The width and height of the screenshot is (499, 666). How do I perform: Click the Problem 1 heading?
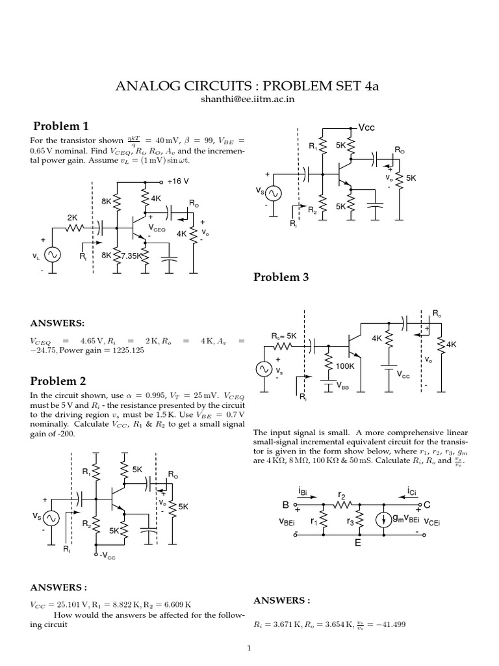[60, 126]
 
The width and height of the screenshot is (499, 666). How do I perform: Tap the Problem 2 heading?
[60, 380]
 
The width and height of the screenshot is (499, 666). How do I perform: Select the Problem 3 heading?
[281, 278]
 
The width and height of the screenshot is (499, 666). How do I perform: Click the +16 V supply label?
[178, 182]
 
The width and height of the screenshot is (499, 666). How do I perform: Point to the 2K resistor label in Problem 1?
[72, 217]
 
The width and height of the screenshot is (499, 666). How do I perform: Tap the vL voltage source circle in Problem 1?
[52, 256]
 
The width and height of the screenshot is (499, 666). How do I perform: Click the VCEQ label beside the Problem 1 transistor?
[157, 228]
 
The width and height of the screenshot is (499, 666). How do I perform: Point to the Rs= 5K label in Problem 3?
[284, 336]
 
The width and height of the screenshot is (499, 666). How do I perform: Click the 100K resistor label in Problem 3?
[345, 366]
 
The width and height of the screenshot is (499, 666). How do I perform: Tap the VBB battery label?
[345, 385]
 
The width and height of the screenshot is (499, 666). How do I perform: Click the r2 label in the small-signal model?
[342, 494]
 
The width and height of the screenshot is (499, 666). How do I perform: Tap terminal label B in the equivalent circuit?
[284, 505]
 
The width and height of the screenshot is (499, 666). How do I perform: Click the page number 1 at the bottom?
[249, 648]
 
